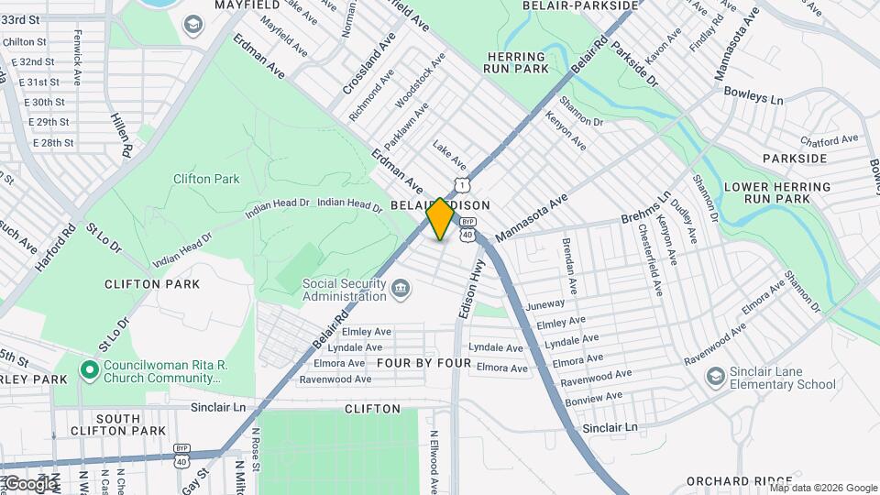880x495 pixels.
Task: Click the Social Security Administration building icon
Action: coord(401,291)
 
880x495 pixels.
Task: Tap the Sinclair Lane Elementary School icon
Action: coord(714,378)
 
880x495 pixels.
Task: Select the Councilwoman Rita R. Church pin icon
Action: coord(89,371)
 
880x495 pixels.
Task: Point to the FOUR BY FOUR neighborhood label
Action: coord(423,364)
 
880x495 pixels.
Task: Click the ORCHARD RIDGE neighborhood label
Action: coord(739,481)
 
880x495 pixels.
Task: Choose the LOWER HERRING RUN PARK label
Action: coord(776,192)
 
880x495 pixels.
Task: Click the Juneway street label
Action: coord(546,304)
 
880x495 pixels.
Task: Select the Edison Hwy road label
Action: coord(471,288)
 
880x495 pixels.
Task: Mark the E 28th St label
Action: coord(53,143)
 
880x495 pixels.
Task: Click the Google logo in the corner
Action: coord(29,483)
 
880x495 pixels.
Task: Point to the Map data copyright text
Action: coord(810,488)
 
